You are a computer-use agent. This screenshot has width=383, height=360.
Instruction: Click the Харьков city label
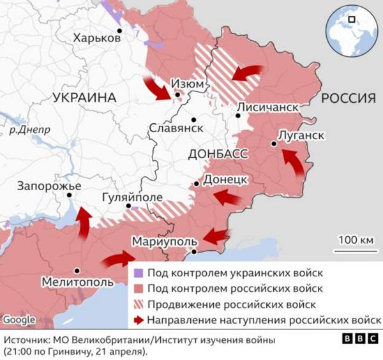pos(96,38)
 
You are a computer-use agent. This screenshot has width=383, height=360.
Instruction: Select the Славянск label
pos(176,128)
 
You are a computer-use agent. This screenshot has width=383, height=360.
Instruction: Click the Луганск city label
pos(301,135)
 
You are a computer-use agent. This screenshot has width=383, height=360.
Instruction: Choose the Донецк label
pos(225,180)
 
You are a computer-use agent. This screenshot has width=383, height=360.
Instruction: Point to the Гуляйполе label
pos(132,198)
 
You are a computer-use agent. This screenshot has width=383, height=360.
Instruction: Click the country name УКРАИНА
pos(84,98)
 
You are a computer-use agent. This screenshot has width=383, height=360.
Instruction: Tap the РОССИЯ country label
pos(347,98)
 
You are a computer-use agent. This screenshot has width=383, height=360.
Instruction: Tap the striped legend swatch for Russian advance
pos(137,304)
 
